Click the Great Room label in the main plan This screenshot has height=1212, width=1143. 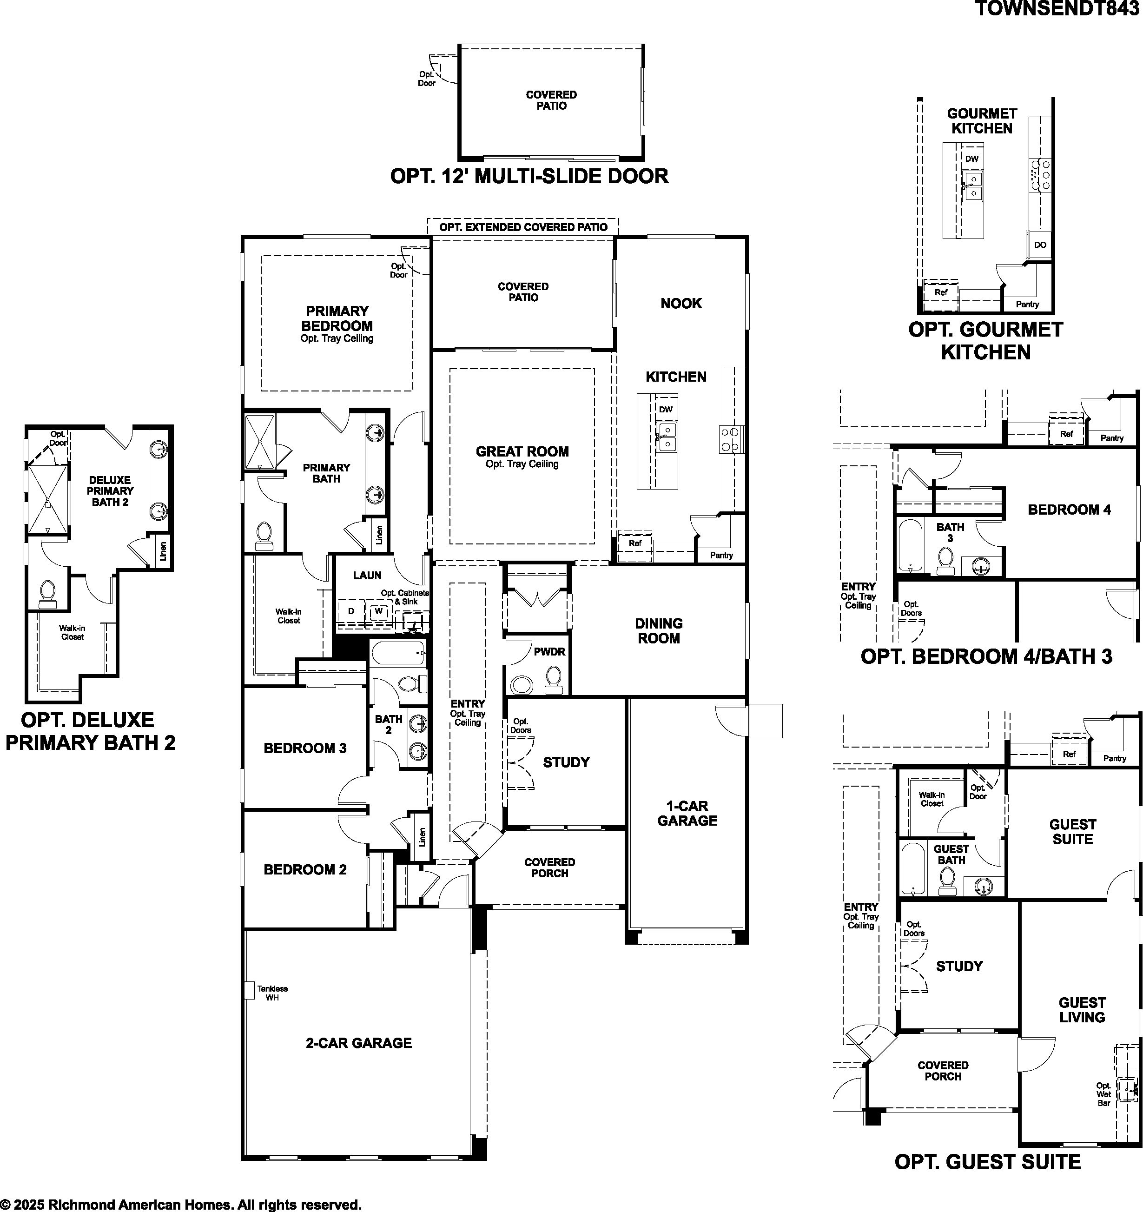pos(522,452)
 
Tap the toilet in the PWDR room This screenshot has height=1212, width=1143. pos(554,679)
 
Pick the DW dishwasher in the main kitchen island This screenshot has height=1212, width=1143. pos(666,409)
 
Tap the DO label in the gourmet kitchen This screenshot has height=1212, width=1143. pos(1040,245)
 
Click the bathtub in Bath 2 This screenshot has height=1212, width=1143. pos(397,653)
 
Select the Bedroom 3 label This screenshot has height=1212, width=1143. pos(305,748)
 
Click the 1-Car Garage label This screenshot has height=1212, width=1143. pos(687,813)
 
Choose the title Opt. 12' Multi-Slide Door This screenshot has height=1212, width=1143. pos(529,176)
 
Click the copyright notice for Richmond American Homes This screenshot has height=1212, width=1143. pos(181,1205)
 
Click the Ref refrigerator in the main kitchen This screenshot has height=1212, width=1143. pos(634,543)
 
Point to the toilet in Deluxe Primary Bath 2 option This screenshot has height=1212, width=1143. pos(47,594)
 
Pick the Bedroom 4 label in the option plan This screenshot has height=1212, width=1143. pos(1069,509)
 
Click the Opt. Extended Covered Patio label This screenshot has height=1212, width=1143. pos(523,227)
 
